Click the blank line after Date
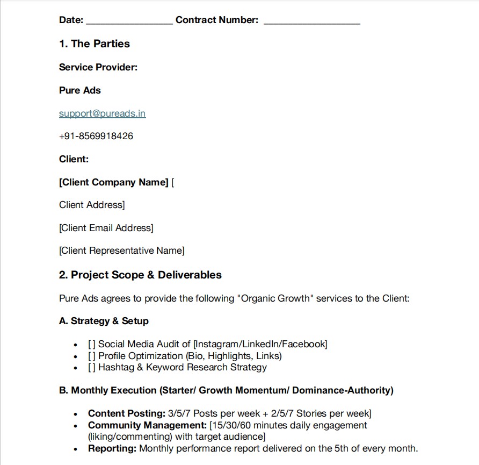pyautogui.click(x=129, y=22)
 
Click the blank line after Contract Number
pyautogui.click(x=311, y=22)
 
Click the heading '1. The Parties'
pyautogui.click(x=95, y=44)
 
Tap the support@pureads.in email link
pyautogui.click(x=102, y=113)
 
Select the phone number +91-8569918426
pyautogui.click(x=96, y=136)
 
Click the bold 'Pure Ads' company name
pyautogui.click(x=80, y=90)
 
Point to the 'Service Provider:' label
pyautogui.click(x=98, y=67)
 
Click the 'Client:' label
pyautogui.click(x=74, y=159)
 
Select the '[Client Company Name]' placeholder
pyautogui.click(x=114, y=182)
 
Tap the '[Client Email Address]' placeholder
pyautogui.click(x=106, y=228)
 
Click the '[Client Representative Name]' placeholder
pyautogui.click(x=121, y=251)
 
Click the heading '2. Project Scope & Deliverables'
pyautogui.click(x=140, y=275)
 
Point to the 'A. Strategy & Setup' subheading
pyautogui.click(x=104, y=321)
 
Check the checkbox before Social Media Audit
pyautogui.click(x=92, y=344)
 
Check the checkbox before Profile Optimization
pyautogui.click(x=92, y=356)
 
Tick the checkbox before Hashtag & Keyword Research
pyautogui.click(x=92, y=368)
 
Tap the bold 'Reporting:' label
pyautogui.click(x=112, y=448)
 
